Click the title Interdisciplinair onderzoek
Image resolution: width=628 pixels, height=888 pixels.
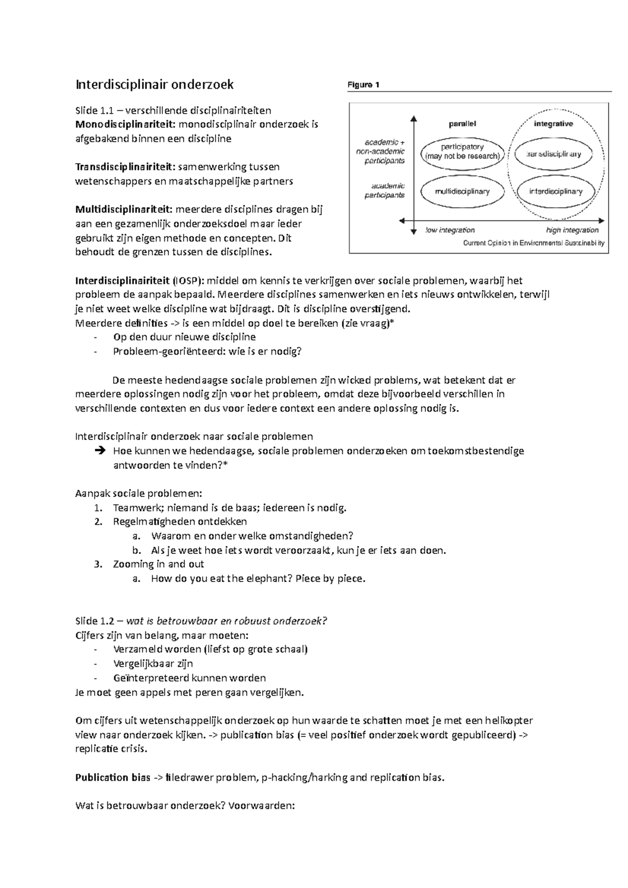tap(155, 84)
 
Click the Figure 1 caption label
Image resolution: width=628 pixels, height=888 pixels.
tap(363, 85)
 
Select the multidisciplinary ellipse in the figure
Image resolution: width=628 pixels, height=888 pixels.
tap(462, 191)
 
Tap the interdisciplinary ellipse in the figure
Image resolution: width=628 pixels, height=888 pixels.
tap(555, 191)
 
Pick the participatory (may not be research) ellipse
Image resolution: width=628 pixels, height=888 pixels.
tap(462, 152)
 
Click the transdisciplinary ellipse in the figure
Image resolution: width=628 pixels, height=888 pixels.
tap(554, 154)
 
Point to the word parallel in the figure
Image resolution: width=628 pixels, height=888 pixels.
tap(462, 124)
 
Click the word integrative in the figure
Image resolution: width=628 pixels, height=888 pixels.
tap(553, 124)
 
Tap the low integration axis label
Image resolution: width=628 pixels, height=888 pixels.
tap(450, 230)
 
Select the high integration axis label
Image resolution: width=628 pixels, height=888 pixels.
tap(572, 230)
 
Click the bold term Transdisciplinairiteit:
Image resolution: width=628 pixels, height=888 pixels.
tap(126, 167)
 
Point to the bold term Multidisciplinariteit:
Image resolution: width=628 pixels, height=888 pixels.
tap(125, 210)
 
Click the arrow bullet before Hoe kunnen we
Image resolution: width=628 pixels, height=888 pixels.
tap(99, 451)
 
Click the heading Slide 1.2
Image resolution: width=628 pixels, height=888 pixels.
tap(95, 621)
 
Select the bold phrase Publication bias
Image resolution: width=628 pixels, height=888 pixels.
tap(109, 777)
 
